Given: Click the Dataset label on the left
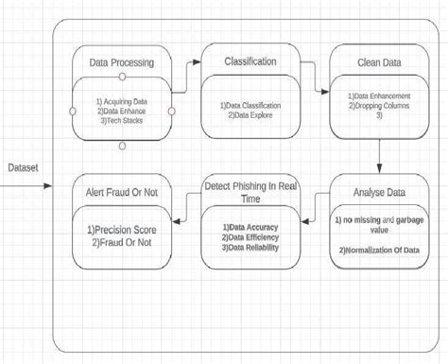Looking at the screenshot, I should (x=24, y=166).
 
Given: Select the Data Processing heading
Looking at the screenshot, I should (x=122, y=64).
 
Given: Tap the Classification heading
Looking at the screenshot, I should (x=250, y=61).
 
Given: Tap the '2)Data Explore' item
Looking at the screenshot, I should (x=248, y=113).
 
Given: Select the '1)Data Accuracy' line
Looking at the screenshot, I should (x=244, y=228).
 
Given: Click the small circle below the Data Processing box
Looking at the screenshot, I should (x=122, y=147).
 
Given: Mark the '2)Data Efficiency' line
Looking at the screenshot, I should (x=244, y=238).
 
